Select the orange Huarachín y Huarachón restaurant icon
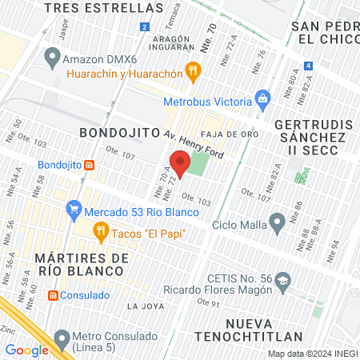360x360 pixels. click(192, 72)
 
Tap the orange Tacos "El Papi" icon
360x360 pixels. click(100, 233)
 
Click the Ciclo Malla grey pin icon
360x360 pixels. click(278, 221)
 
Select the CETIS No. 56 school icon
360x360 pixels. click(284, 280)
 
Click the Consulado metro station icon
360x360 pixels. click(53, 295)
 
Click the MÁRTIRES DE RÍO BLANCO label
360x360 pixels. click(82, 265)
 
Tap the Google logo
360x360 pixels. click(26, 350)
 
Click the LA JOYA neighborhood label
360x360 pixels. click(144, 306)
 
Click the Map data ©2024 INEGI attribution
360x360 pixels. click(312, 354)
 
